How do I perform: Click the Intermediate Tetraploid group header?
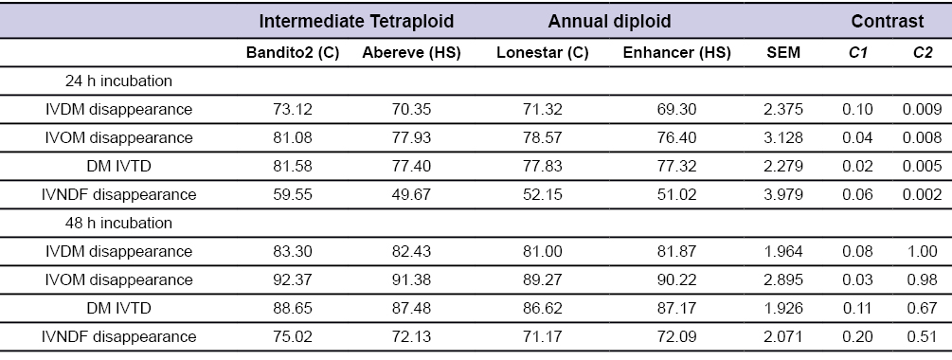pos(357,20)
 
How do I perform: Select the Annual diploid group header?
pos(597,20)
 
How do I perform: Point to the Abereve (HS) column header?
pos(411,53)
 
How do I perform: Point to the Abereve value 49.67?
pos(411,195)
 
